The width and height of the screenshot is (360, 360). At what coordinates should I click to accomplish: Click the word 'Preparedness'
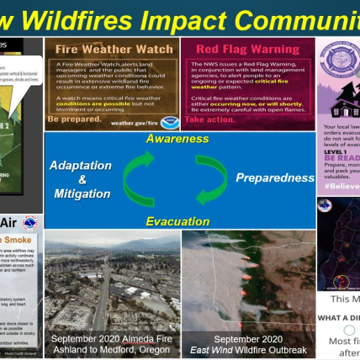click(273, 178)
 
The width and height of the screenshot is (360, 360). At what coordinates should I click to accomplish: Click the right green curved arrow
click(211, 177)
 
